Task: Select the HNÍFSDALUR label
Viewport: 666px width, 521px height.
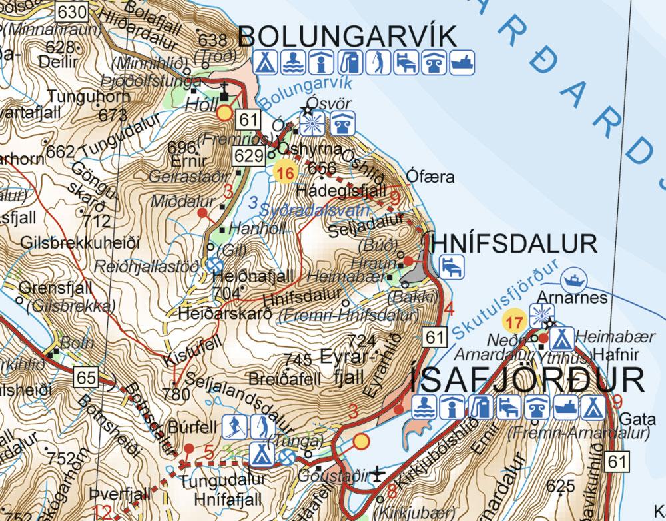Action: (513, 243)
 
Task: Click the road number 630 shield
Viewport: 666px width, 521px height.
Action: (72, 11)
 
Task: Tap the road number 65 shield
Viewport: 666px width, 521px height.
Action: (86, 378)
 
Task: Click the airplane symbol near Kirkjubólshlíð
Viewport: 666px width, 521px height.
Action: (378, 474)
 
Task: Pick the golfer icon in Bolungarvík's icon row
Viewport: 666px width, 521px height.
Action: (378, 61)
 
